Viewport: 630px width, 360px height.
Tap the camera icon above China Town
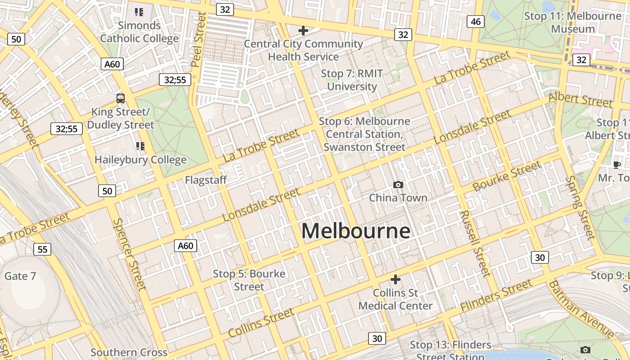[x=398, y=184]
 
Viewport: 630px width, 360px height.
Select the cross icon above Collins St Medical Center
[x=395, y=279]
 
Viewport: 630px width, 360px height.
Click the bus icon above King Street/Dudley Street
[x=121, y=98]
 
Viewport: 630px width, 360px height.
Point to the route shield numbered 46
[x=475, y=22]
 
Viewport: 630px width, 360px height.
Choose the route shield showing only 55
[x=42, y=249]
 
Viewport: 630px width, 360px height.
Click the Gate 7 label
[x=20, y=276]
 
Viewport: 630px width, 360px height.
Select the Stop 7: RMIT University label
[x=351, y=80]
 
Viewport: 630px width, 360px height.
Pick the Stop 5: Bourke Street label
[x=249, y=280]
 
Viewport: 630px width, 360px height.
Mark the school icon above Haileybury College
[x=140, y=146]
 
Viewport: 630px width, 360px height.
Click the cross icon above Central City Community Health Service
[x=303, y=31]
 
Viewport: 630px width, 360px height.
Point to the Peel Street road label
[x=198, y=40]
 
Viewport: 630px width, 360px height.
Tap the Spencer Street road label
[x=130, y=254]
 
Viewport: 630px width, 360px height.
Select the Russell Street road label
[x=475, y=243]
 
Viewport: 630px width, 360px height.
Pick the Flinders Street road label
[x=496, y=296]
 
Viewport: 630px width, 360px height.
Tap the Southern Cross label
[x=129, y=352]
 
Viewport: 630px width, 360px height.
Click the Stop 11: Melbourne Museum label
[x=573, y=22]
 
